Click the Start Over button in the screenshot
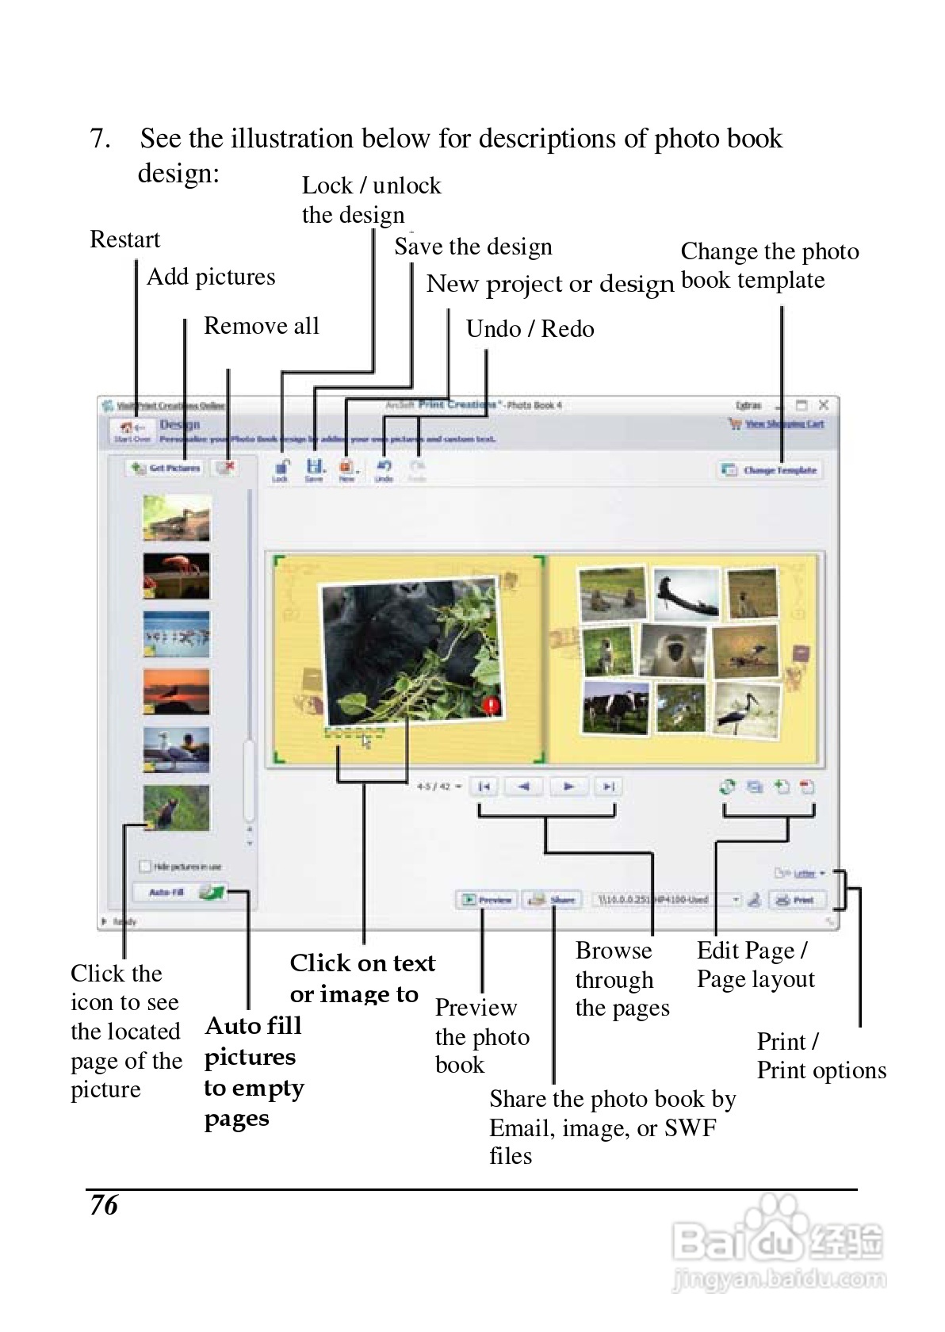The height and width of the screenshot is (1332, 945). (132, 431)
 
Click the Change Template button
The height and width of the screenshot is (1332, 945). (770, 470)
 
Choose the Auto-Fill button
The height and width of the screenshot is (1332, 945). (179, 893)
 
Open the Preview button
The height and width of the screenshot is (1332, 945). (487, 900)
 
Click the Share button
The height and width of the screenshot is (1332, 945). (553, 900)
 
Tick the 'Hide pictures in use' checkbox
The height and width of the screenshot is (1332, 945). (144, 867)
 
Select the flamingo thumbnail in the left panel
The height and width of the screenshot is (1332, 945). (177, 576)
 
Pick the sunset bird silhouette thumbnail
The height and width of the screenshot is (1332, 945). (177, 691)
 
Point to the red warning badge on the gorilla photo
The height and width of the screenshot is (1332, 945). (492, 704)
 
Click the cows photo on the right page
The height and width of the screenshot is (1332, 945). (615, 706)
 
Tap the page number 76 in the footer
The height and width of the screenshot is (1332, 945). (104, 1205)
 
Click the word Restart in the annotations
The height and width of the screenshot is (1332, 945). (124, 239)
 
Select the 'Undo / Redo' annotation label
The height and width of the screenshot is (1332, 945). (530, 329)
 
